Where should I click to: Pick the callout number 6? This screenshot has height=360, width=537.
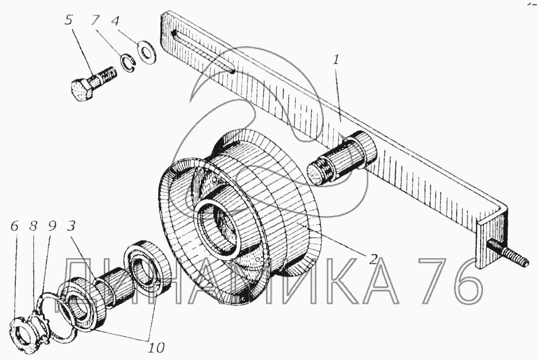[x=14, y=226]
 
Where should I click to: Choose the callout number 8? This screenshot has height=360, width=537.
[x=33, y=226]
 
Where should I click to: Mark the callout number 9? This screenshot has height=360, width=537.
[x=52, y=226]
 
